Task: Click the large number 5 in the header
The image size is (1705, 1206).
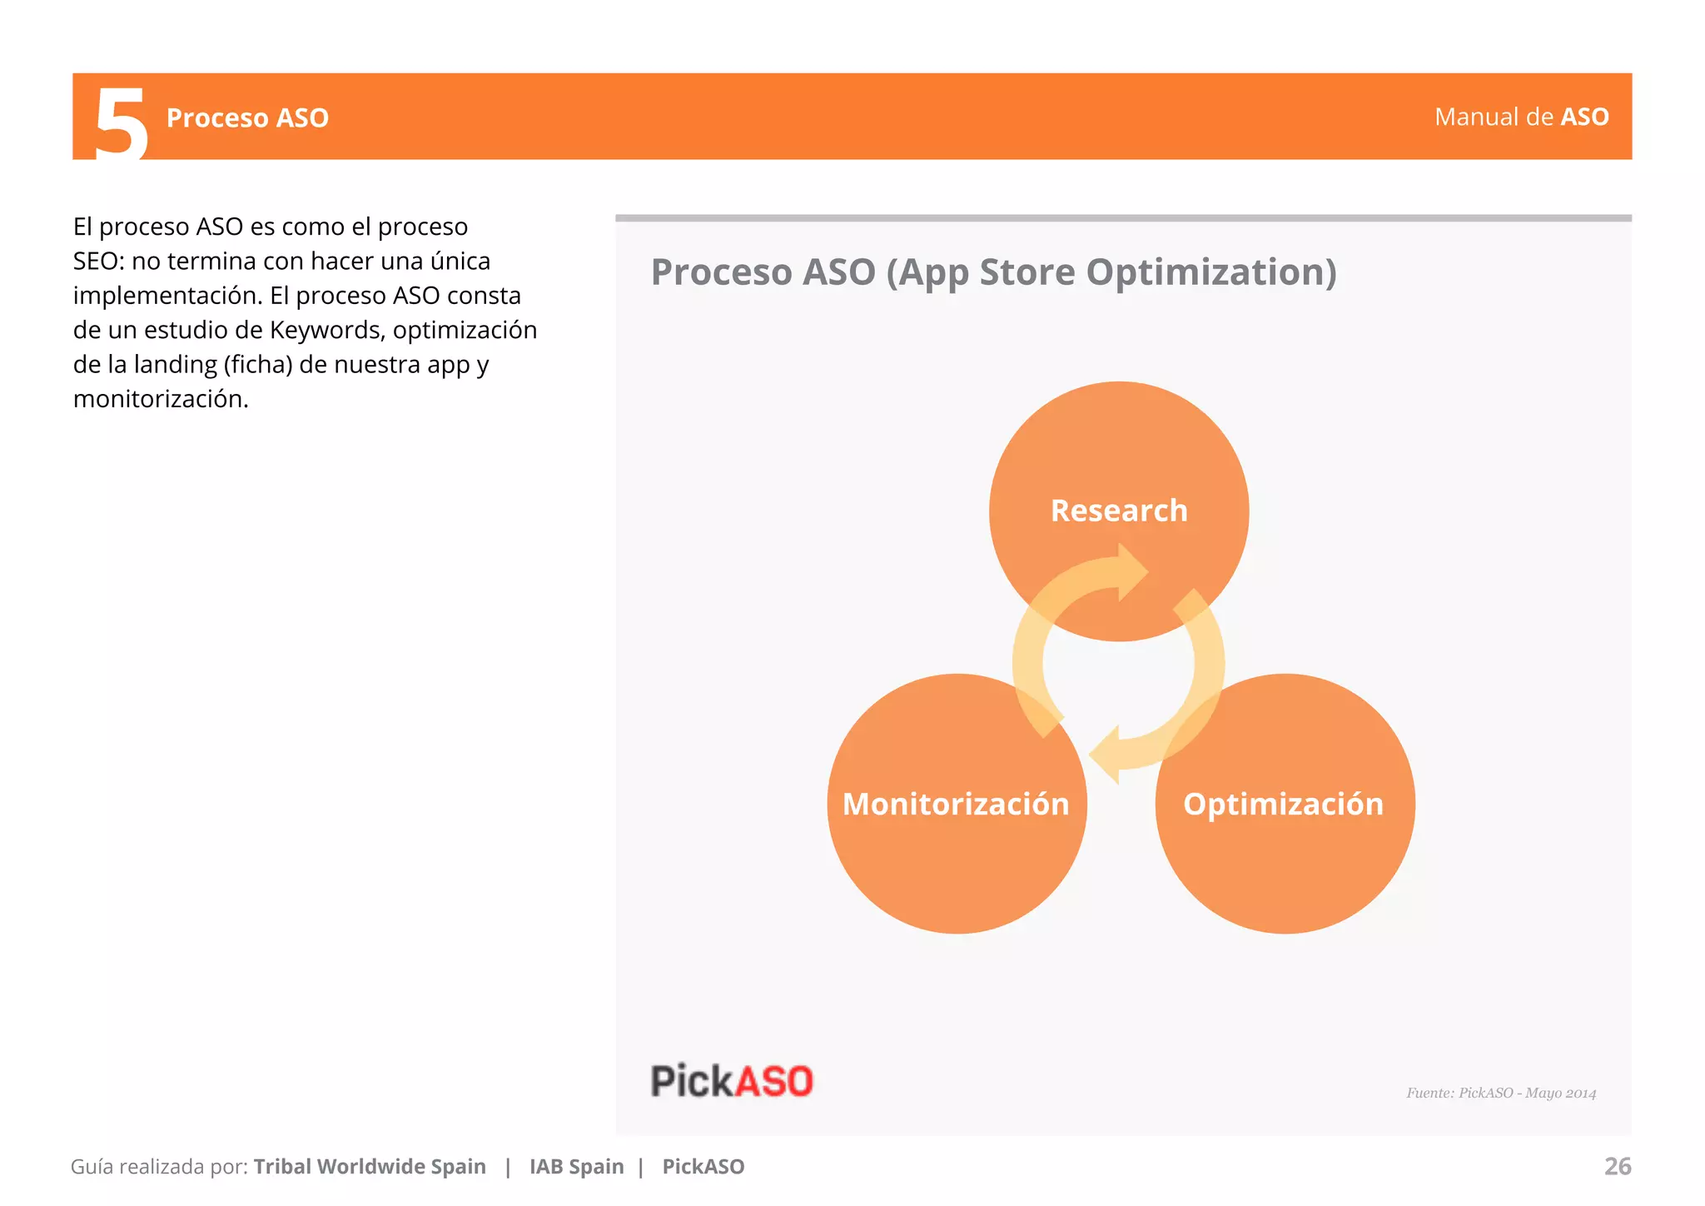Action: click(122, 123)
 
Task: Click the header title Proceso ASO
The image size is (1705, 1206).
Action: click(247, 117)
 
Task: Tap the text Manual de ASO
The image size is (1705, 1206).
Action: click(1521, 117)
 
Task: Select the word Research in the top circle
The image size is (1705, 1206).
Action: click(1119, 510)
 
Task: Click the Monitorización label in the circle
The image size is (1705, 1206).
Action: click(956, 804)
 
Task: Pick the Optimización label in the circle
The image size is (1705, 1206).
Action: click(1283, 804)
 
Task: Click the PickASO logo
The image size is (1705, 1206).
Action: click(731, 1080)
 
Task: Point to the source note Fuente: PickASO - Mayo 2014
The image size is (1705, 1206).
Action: click(1501, 1093)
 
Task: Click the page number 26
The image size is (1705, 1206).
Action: click(1617, 1166)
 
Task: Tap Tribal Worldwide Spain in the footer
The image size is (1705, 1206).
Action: click(370, 1166)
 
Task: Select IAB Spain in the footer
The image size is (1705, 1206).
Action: click(576, 1166)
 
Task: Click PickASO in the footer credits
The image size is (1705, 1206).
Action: click(703, 1166)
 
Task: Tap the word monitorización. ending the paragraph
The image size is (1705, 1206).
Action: click(161, 399)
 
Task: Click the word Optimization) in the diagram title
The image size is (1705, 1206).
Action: click(1211, 272)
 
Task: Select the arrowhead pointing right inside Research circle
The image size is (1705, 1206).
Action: click(1132, 572)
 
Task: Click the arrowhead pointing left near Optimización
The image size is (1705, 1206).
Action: click(1106, 755)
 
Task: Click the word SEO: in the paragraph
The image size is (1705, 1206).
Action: click(98, 262)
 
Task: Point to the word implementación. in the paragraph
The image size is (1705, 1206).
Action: click(167, 296)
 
